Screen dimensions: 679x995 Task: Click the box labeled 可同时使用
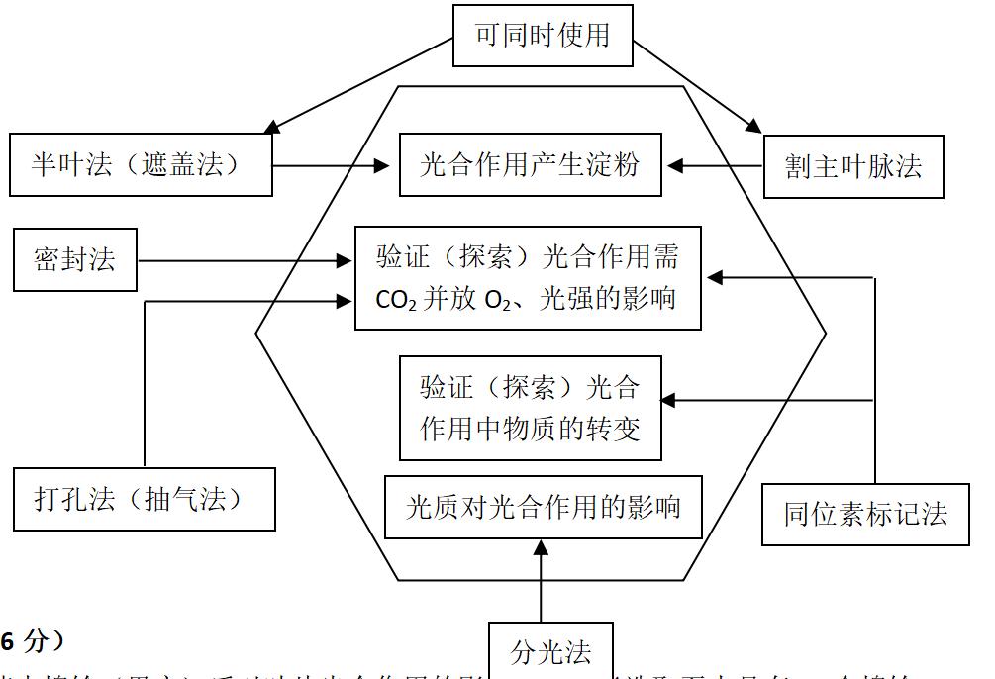(x=542, y=36)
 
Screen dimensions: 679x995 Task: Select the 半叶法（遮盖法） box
(x=141, y=164)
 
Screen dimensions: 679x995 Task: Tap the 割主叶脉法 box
(x=853, y=166)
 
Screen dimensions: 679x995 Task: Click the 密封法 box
(x=75, y=260)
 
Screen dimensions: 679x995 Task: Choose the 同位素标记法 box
(x=865, y=514)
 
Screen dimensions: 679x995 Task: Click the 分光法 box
(x=551, y=652)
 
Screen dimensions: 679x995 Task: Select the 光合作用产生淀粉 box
(x=530, y=164)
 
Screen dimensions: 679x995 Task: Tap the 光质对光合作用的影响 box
(x=544, y=508)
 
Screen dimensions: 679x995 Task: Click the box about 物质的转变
(x=530, y=408)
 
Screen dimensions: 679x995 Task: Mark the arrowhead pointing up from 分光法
(x=541, y=547)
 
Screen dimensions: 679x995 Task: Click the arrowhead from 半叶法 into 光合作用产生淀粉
(x=381, y=166)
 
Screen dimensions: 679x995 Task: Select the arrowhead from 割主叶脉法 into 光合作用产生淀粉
(x=672, y=165)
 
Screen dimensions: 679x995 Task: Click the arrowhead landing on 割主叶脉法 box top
(x=754, y=127)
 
